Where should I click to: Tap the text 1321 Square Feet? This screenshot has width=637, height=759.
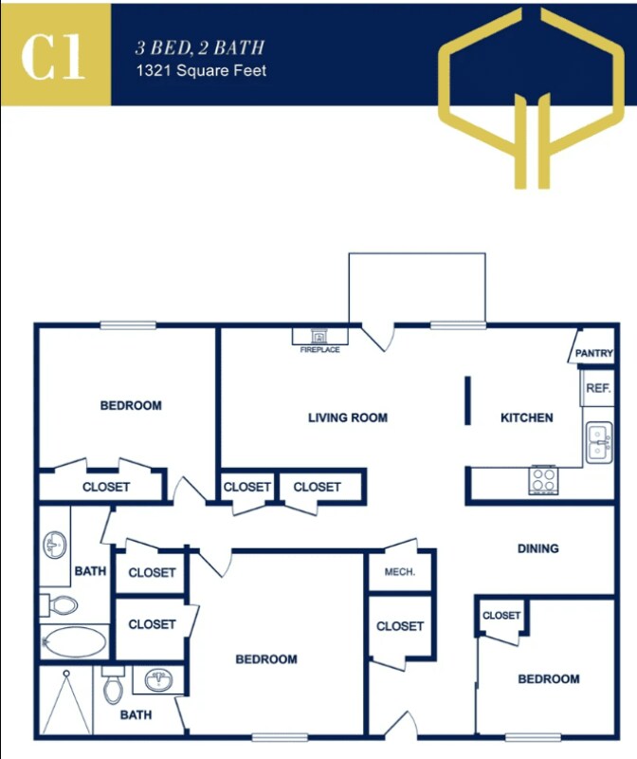202,70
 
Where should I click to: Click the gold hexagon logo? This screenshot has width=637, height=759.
537,95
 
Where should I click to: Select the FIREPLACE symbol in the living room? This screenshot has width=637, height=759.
319,336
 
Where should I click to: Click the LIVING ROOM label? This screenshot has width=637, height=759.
348,417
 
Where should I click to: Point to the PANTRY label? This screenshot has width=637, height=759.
594,353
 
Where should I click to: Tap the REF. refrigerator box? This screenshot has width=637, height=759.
597,388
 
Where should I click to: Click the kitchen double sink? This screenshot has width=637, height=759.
598,443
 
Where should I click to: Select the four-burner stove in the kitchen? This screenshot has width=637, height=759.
543,480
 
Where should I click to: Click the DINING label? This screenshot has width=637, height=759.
537,548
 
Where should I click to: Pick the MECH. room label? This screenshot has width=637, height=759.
400,572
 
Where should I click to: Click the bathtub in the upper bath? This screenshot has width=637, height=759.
74,641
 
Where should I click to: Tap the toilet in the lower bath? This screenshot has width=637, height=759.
113,685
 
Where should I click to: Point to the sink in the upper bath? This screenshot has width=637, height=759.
53,545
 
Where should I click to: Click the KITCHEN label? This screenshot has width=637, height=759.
527,417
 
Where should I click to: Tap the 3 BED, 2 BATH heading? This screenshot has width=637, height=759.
200,47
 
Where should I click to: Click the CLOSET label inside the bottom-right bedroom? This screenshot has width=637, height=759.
501,616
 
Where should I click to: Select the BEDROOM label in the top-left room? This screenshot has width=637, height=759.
131,406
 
